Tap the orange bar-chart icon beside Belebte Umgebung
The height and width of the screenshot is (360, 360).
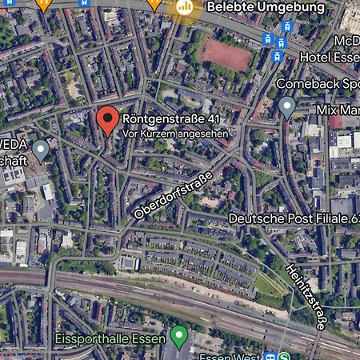[x=186, y=7]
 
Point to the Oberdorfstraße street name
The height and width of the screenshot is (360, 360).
[x=173, y=195]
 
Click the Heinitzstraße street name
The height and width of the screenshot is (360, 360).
[x=306, y=295]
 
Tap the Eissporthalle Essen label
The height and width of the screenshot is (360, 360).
[x=110, y=338]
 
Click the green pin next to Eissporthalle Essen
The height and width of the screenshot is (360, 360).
[x=179, y=334]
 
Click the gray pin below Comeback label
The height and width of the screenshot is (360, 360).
[x=287, y=106]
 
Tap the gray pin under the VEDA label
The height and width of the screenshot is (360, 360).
[x=41, y=148]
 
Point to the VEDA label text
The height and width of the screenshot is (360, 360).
[x=14, y=145]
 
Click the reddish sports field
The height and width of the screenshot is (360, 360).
[x=227, y=54]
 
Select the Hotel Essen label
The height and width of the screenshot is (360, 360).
[x=329, y=58]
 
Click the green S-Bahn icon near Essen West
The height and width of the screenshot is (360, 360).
[x=286, y=356]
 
